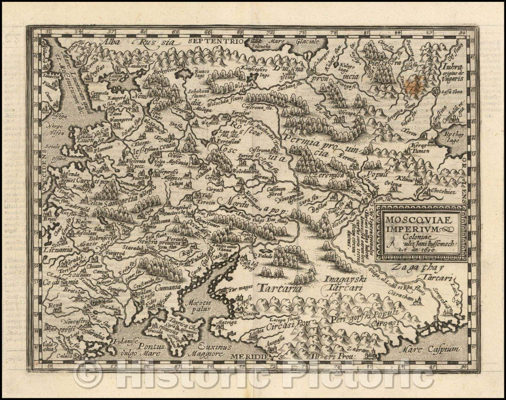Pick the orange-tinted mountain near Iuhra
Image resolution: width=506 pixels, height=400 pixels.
(x=417, y=86)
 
